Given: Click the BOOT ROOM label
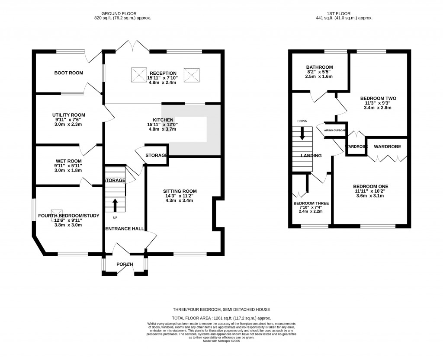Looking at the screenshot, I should point(68,73).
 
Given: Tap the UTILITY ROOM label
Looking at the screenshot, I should point(69,115).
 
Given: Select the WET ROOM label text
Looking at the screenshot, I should point(68,161).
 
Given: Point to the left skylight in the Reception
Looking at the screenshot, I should point(139,75).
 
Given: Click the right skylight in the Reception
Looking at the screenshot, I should point(190,75).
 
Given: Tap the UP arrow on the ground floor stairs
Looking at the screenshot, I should point(115,204).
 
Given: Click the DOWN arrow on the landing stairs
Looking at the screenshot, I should point(302,132).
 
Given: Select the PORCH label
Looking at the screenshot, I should point(124,264).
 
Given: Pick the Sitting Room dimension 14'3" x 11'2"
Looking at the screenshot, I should point(180,196).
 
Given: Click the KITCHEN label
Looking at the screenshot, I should point(163,120).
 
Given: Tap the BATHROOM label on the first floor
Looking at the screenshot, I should point(319,67).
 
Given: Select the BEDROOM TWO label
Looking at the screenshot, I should point(378,98).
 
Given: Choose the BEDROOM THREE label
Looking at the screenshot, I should point(311,203).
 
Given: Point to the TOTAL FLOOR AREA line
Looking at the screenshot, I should point(221,318).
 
